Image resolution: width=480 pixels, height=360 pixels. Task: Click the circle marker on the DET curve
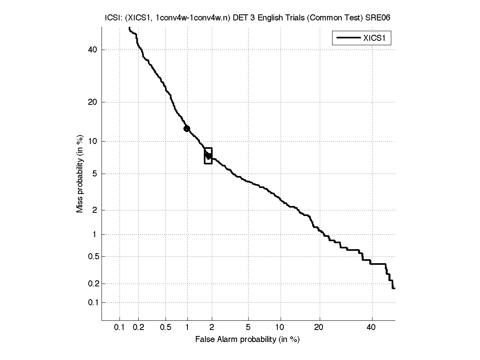point(187,128)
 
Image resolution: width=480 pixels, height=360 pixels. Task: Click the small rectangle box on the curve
point(208,156)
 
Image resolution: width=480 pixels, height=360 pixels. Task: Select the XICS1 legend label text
point(376,38)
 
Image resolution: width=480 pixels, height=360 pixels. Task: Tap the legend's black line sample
point(349,38)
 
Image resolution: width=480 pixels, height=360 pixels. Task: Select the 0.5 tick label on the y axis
point(92,256)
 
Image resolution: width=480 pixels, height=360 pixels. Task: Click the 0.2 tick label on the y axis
point(92,284)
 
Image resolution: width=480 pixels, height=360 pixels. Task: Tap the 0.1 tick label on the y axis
point(92,302)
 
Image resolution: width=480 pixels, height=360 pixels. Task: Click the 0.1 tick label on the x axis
point(119,328)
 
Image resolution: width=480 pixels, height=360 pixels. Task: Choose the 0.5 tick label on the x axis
point(165,328)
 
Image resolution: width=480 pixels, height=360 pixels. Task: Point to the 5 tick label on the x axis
point(248,328)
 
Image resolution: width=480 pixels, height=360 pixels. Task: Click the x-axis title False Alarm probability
point(247,340)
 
